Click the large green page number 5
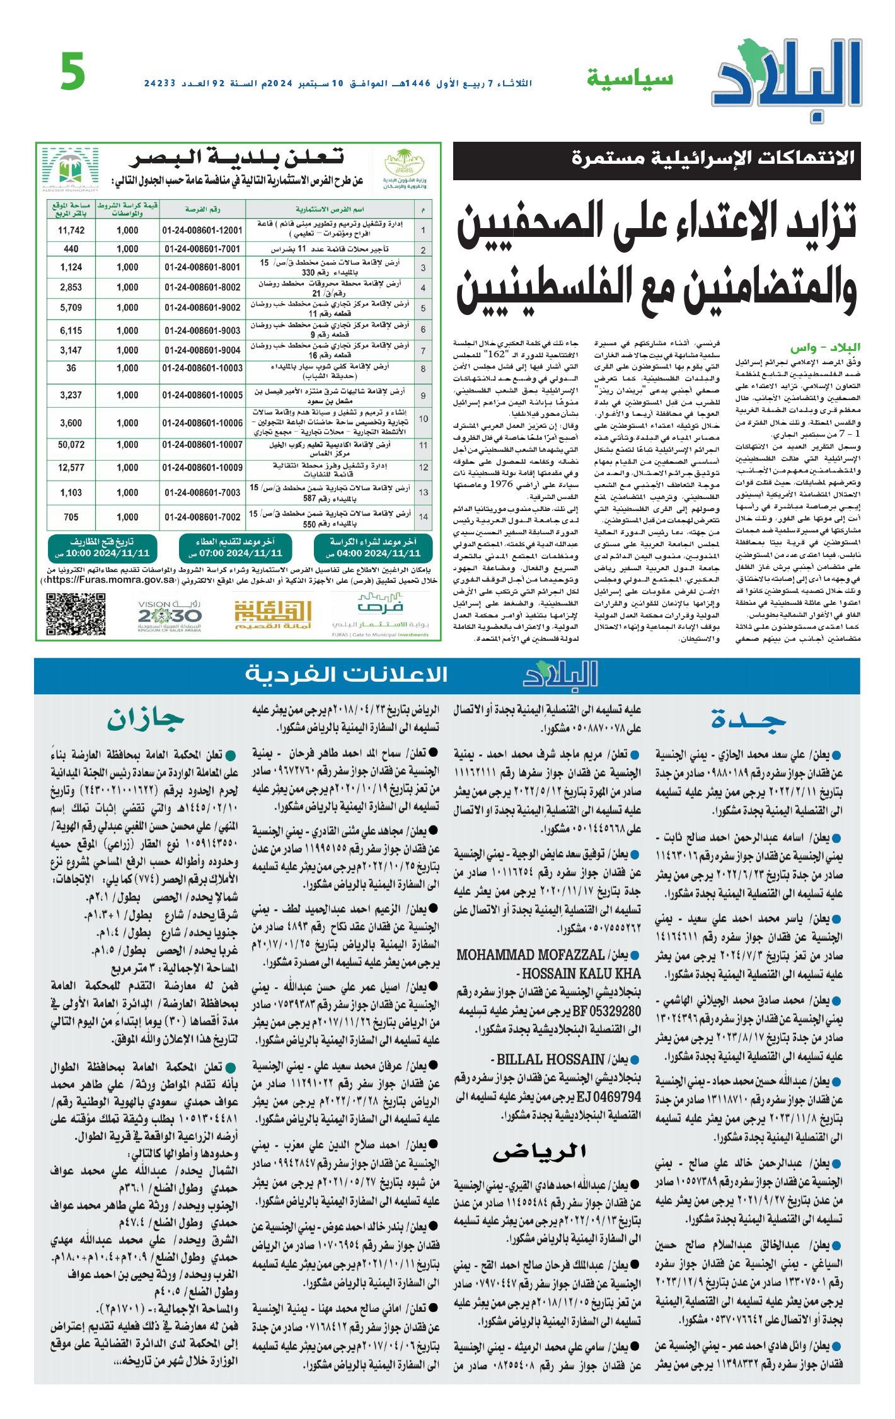click(x=73, y=72)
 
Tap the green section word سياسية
click(x=630, y=79)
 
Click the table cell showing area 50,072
click(x=71, y=445)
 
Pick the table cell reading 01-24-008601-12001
click(x=202, y=231)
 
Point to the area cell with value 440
click(x=71, y=249)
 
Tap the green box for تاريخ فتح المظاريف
click(x=102, y=548)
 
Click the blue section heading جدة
click(x=748, y=719)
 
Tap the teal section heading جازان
click(x=146, y=719)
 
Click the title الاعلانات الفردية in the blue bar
click(x=346, y=674)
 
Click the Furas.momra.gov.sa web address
click(x=111, y=580)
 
